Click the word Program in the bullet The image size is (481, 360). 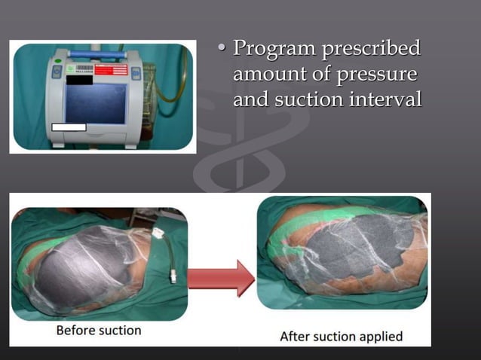coord(274,50)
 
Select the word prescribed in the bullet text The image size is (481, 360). coord(372,50)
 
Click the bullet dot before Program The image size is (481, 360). coord(222,49)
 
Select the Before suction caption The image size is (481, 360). coord(99,330)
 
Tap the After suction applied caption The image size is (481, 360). coord(341,336)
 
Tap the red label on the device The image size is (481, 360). coord(110,69)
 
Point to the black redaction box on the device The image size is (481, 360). coord(80,78)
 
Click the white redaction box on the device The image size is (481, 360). coord(69,127)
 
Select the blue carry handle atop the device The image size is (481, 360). coord(94,50)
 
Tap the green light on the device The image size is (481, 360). coord(57,58)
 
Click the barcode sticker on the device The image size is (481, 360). coord(84,68)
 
